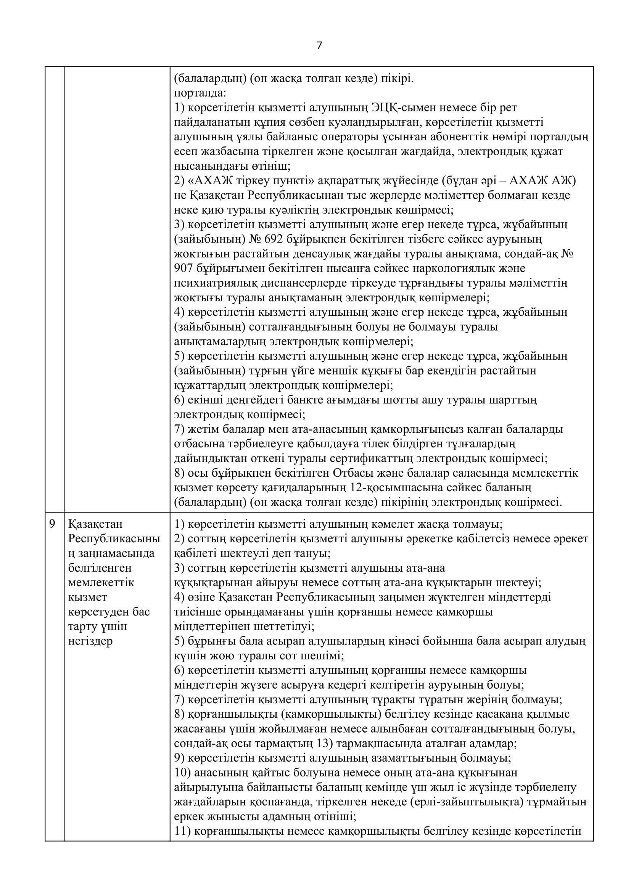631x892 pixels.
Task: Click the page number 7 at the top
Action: [319, 46]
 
